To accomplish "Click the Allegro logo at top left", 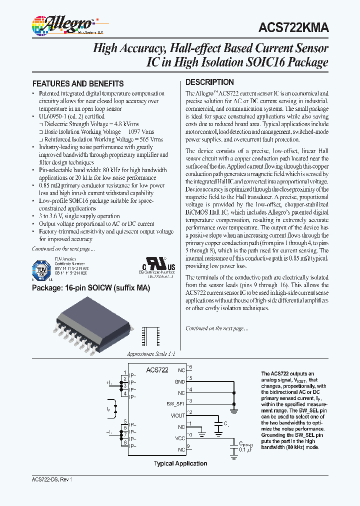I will [x=62, y=23].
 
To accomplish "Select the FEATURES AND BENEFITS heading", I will [x=77, y=83].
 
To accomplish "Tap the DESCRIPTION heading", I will [x=209, y=82].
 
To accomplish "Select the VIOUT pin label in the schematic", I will [x=177, y=415].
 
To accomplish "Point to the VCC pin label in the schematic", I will [x=179, y=438].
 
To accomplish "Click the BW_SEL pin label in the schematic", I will [x=175, y=403].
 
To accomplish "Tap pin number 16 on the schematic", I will [x=189, y=367].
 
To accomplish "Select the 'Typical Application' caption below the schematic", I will [x=180, y=463].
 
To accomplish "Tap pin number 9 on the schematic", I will [x=188, y=446].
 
